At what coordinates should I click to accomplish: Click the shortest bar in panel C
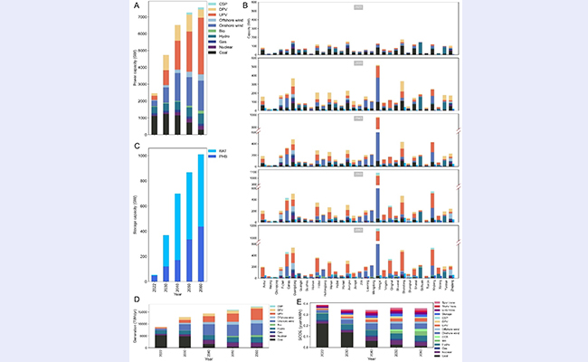click(x=154, y=279)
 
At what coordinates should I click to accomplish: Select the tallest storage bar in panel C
click(x=200, y=217)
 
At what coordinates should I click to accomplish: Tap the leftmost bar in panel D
click(x=160, y=336)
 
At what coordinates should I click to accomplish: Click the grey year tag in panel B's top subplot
click(x=359, y=8)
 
